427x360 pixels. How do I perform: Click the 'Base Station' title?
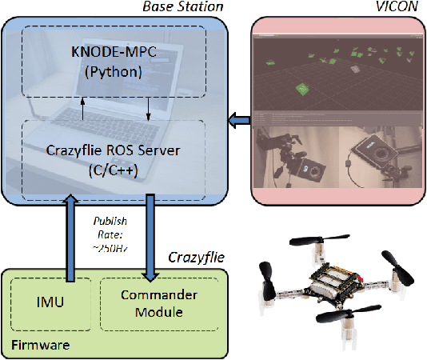coord(182,7)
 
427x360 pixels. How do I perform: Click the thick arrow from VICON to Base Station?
coord(237,120)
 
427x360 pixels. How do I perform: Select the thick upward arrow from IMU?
coord(66,240)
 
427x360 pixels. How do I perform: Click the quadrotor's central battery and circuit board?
coord(337,282)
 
